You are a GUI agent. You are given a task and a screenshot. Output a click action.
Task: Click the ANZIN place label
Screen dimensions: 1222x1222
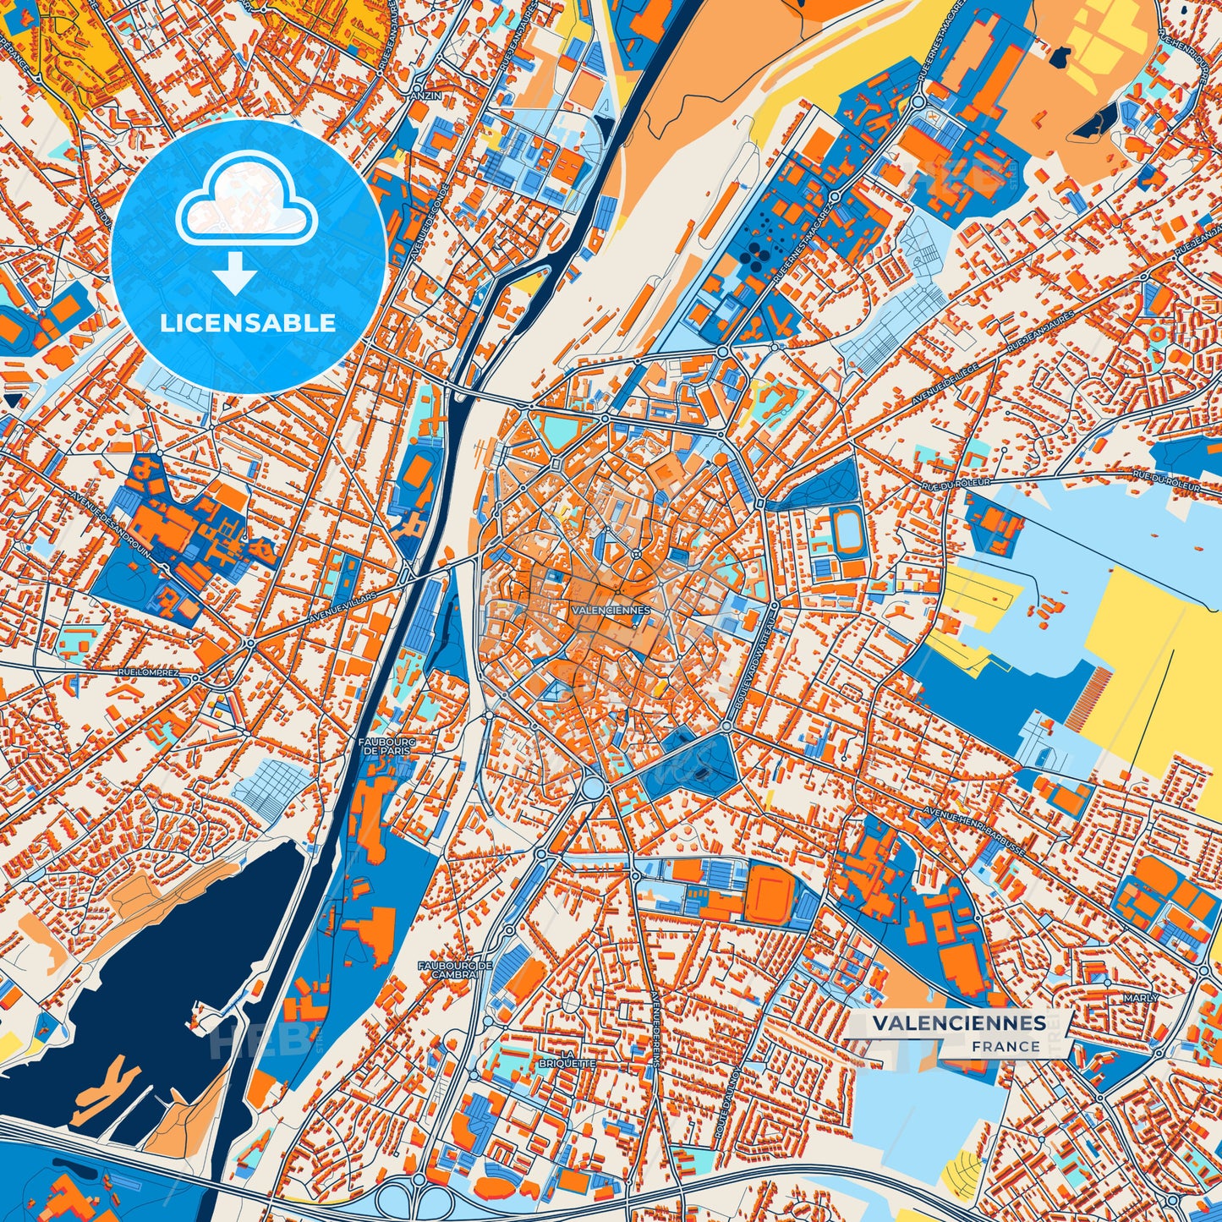point(419,96)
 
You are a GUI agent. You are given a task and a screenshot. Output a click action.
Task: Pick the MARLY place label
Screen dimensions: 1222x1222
point(1141,998)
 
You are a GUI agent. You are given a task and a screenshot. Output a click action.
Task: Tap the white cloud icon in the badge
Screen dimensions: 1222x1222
point(246,205)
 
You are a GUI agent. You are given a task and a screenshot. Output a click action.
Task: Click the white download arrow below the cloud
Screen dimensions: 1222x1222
point(236,275)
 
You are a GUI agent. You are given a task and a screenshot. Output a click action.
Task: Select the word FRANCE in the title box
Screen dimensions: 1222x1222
point(1006,1046)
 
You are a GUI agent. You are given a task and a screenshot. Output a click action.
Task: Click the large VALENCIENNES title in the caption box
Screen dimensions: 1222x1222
point(959,1022)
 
